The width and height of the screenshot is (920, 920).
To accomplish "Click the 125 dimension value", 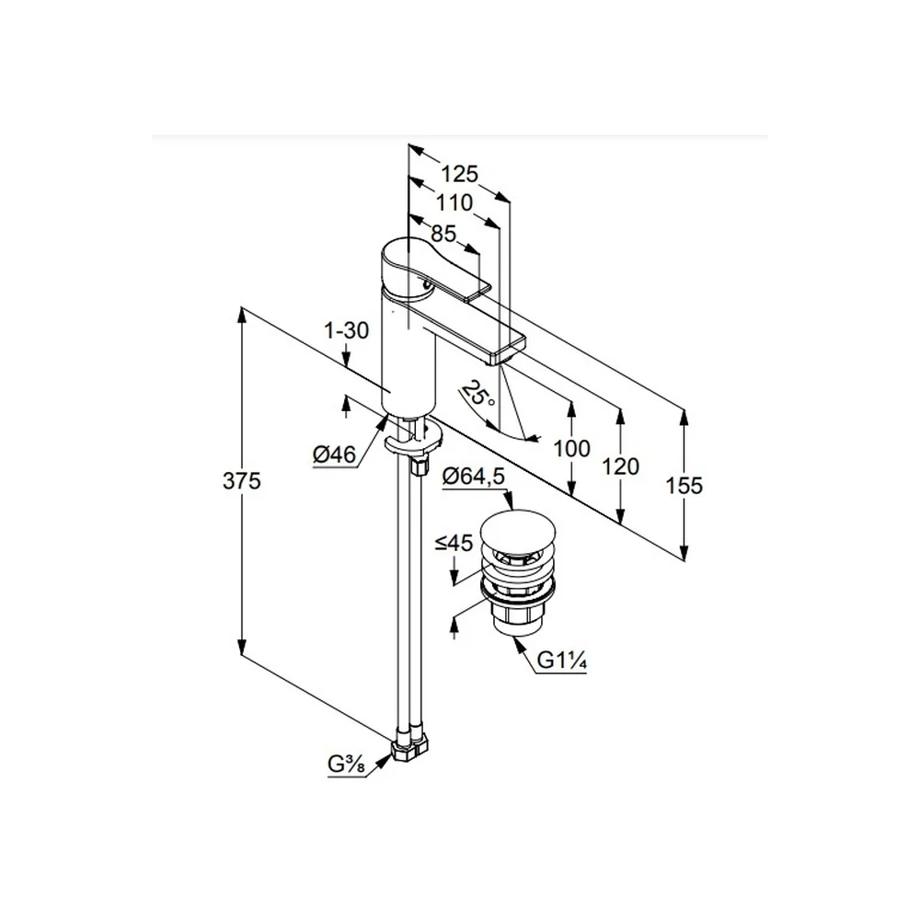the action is [459, 174].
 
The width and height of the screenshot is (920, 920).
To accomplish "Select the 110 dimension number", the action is [454, 203].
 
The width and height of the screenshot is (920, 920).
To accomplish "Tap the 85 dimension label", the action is [443, 234].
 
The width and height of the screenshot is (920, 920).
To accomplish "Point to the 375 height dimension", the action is [241, 481].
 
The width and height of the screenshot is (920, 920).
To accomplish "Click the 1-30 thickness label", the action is [347, 331].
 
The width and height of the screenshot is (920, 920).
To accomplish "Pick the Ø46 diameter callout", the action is [335, 454].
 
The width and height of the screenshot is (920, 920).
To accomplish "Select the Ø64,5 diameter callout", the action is [474, 477].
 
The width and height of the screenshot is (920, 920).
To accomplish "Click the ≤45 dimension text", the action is [454, 544].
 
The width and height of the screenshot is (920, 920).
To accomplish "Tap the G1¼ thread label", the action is [561, 661].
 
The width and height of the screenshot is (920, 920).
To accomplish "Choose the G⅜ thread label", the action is [346, 765].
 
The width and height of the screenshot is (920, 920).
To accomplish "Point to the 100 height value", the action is [571, 449].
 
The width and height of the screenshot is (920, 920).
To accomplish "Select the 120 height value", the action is [620, 467].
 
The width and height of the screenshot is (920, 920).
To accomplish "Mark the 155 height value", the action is [684, 486].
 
